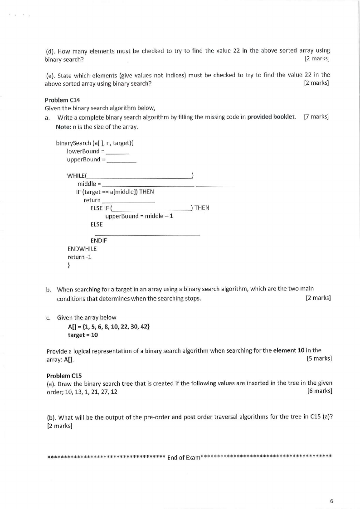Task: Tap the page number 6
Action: pos(331,501)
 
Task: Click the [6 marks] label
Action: pos(320,392)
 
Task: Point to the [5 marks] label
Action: pos(319,359)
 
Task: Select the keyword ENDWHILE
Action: pos(82,249)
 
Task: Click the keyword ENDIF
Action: pos(98,241)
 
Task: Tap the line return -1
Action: pos(76,257)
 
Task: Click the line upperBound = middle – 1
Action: pos(139,216)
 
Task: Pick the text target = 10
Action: pos(83,335)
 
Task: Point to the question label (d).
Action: pos(49,51)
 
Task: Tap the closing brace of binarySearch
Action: pos(68,266)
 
